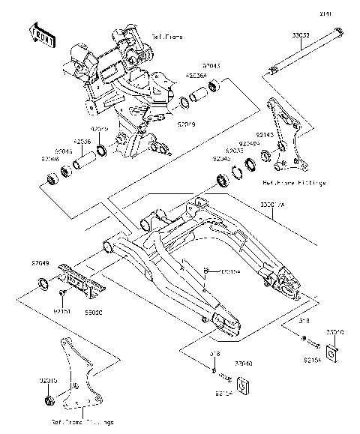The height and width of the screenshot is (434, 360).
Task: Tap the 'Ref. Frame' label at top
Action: pos(168,36)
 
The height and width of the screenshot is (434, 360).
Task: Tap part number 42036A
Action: pos(196,75)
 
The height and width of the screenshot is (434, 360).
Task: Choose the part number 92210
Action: pos(47,380)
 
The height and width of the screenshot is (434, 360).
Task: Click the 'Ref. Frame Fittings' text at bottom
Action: pos(82,423)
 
